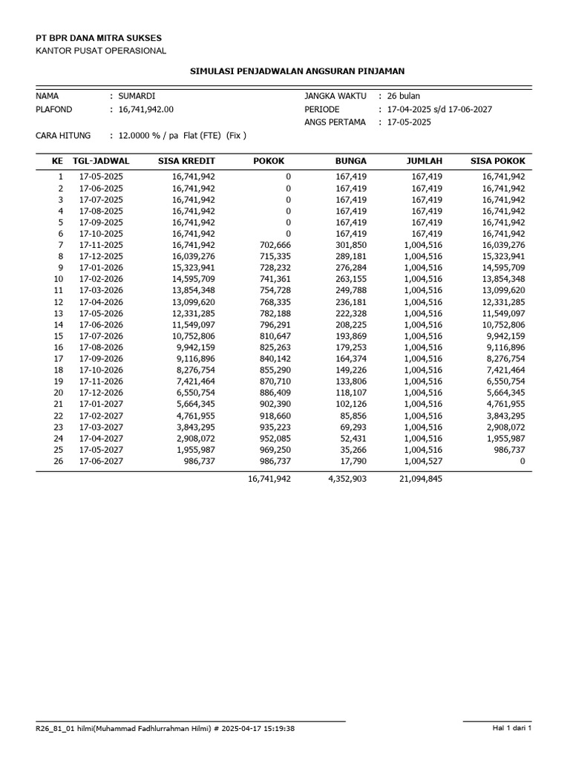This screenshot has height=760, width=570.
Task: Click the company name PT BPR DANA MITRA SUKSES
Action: coord(99,37)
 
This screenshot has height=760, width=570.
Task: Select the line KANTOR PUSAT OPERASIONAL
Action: coord(101,50)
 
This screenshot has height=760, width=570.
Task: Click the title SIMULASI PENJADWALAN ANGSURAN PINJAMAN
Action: coord(298,71)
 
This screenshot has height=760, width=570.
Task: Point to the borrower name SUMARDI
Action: coord(137,96)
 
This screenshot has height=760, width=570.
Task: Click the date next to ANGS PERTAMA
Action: coord(409,122)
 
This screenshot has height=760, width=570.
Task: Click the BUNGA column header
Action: coord(351,160)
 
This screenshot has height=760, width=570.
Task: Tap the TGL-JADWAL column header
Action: coord(101,160)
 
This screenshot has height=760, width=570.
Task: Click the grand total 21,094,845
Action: coord(420,479)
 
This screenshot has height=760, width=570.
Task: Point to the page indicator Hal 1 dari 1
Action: coord(512,728)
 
